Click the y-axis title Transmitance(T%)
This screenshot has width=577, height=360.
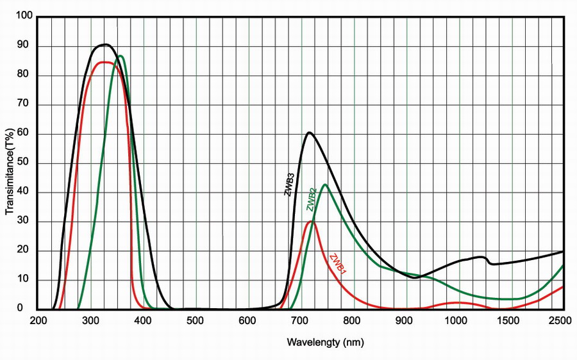(10, 172)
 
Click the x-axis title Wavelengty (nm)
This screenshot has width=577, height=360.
(326, 342)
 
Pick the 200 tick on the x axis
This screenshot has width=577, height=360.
(38, 320)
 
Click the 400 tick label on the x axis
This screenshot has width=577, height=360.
(144, 320)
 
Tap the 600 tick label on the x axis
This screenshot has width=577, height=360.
(249, 320)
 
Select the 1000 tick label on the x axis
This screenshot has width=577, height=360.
(456, 320)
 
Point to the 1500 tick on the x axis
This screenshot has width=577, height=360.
(509, 320)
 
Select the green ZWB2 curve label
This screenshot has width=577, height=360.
(311, 199)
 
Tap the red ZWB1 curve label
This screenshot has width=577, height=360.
(338, 265)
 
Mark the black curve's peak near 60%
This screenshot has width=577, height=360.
(309, 133)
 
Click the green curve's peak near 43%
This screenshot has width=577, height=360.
(326, 184)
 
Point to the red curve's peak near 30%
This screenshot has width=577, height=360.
(311, 221)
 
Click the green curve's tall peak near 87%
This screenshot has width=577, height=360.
(120, 56)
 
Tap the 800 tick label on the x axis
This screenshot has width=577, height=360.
(353, 320)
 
